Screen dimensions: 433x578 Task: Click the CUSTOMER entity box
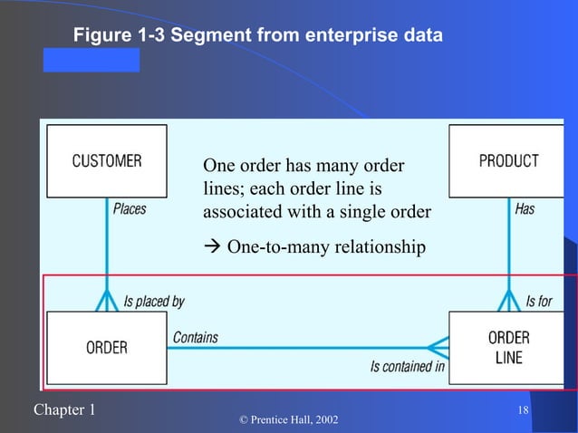click(x=107, y=161)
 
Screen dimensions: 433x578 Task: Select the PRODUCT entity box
click(x=507, y=161)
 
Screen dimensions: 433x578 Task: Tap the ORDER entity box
click(x=107, y=347)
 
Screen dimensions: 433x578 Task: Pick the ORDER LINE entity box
click(x=507, y=347)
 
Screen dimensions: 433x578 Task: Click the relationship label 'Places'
click(x=130, y=209)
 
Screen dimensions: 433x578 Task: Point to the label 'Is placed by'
click(x=153, y=301)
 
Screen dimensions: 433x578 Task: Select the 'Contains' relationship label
click(x=195, y=337)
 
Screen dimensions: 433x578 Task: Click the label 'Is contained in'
click(x=407, y=367)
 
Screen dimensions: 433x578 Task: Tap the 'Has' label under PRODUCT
click(x=525, y=209)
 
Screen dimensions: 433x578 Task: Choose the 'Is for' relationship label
click(x=538, y=301)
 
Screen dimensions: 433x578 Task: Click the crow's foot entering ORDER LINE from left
click(x=437, y=347)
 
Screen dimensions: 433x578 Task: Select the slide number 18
click(x=522, y=413)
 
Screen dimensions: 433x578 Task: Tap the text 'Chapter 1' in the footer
click(x=63, y=410)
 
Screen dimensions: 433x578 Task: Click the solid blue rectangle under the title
click(x=92, y=60)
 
